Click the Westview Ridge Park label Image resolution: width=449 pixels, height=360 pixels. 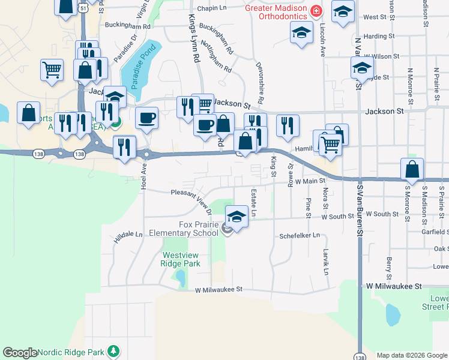point(181,259)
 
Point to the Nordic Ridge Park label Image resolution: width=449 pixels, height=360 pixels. point(70,352)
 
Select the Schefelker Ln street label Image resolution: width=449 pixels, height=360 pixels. point(300,236)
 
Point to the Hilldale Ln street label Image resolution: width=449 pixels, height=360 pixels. point(128,238)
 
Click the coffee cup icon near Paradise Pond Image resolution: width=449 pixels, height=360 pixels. point(146,117)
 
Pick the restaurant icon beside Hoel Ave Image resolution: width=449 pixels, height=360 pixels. point(124,146)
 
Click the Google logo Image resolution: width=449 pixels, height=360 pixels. point(20,353)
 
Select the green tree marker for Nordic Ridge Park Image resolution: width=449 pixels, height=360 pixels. point(113,352)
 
